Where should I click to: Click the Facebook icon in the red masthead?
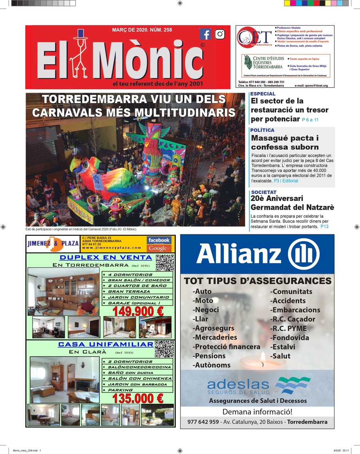pyautogui.click(x=205, y=34)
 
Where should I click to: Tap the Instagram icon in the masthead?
pyautogui.click(x=220, y=34)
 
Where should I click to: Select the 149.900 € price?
pyautogui.click(x=138, y=311)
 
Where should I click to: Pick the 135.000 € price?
pyautogui.click(x=138, y=398)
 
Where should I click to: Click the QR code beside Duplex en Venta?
pyautogui.click(x=165, y=262)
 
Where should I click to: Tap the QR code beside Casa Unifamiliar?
pyautogui.click(x=164, y=349)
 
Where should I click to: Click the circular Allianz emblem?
pyautogui.click(x=304, y=254)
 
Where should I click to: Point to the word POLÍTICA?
pyautogui.click(x=263, y=130)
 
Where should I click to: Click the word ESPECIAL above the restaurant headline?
pyautogui.click(x=263, y=94)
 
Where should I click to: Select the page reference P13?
pyautogui.click(x=324, y=226)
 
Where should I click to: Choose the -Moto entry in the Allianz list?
pyautogui.click(x=203, y=301)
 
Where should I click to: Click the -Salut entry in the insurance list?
pyautogui.click(x=280, y=356)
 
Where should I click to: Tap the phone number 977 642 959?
pyautogui.click(x=203, y=422)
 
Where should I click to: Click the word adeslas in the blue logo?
pyautogui.click(x=238, y=385)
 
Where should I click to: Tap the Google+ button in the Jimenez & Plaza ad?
pyautogui.click(x=159, y=248)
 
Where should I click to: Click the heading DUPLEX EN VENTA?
pyautogui.click(x=105, y=258)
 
